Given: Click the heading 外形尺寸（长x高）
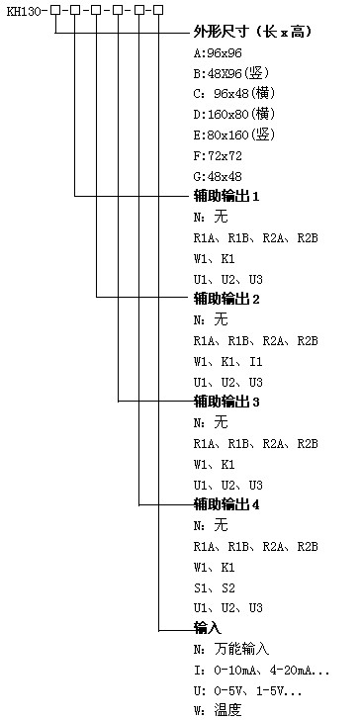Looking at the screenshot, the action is pyautogui.click(x=252, y=33).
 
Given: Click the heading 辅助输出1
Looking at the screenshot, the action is pyautogui.click(x=226, y=196).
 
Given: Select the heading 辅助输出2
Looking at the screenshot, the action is pyautogui.click(x=226, y=299).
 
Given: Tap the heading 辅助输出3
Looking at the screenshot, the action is pyautogui.click(x=226, y=402).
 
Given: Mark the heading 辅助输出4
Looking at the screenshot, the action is pyautogui.click(x=226, y=504).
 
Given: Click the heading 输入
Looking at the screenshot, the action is pyautogui.click(x=207, y=628).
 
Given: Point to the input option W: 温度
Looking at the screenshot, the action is pyautogui.click(x=218, y=710).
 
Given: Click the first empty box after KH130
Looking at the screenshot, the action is pyautogui.click(x=54, y=11).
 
